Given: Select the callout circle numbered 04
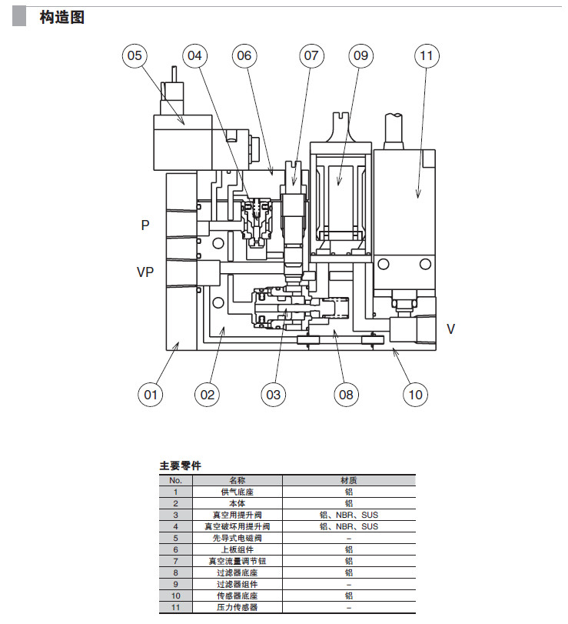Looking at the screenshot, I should point(194,55).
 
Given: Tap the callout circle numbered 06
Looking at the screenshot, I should point(244,55).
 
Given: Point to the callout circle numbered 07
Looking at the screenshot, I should point(311,55).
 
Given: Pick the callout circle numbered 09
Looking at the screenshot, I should point(360,55).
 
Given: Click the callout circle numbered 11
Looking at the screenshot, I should point(427,55).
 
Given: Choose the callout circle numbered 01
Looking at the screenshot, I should point(151,395).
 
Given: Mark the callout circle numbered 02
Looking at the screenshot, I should point(207,395).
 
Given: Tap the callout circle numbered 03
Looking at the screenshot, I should point(273,395).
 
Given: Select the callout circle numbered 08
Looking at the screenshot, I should point(346,395).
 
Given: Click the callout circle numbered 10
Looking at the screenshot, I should point(415,395).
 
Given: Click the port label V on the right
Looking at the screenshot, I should point(451,329).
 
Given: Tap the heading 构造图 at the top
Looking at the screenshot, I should point(61,17).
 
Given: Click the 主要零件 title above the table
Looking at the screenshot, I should point(180,465).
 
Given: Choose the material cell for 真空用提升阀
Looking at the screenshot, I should point(348,515).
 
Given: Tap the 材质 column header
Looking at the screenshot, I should point(348,480).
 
